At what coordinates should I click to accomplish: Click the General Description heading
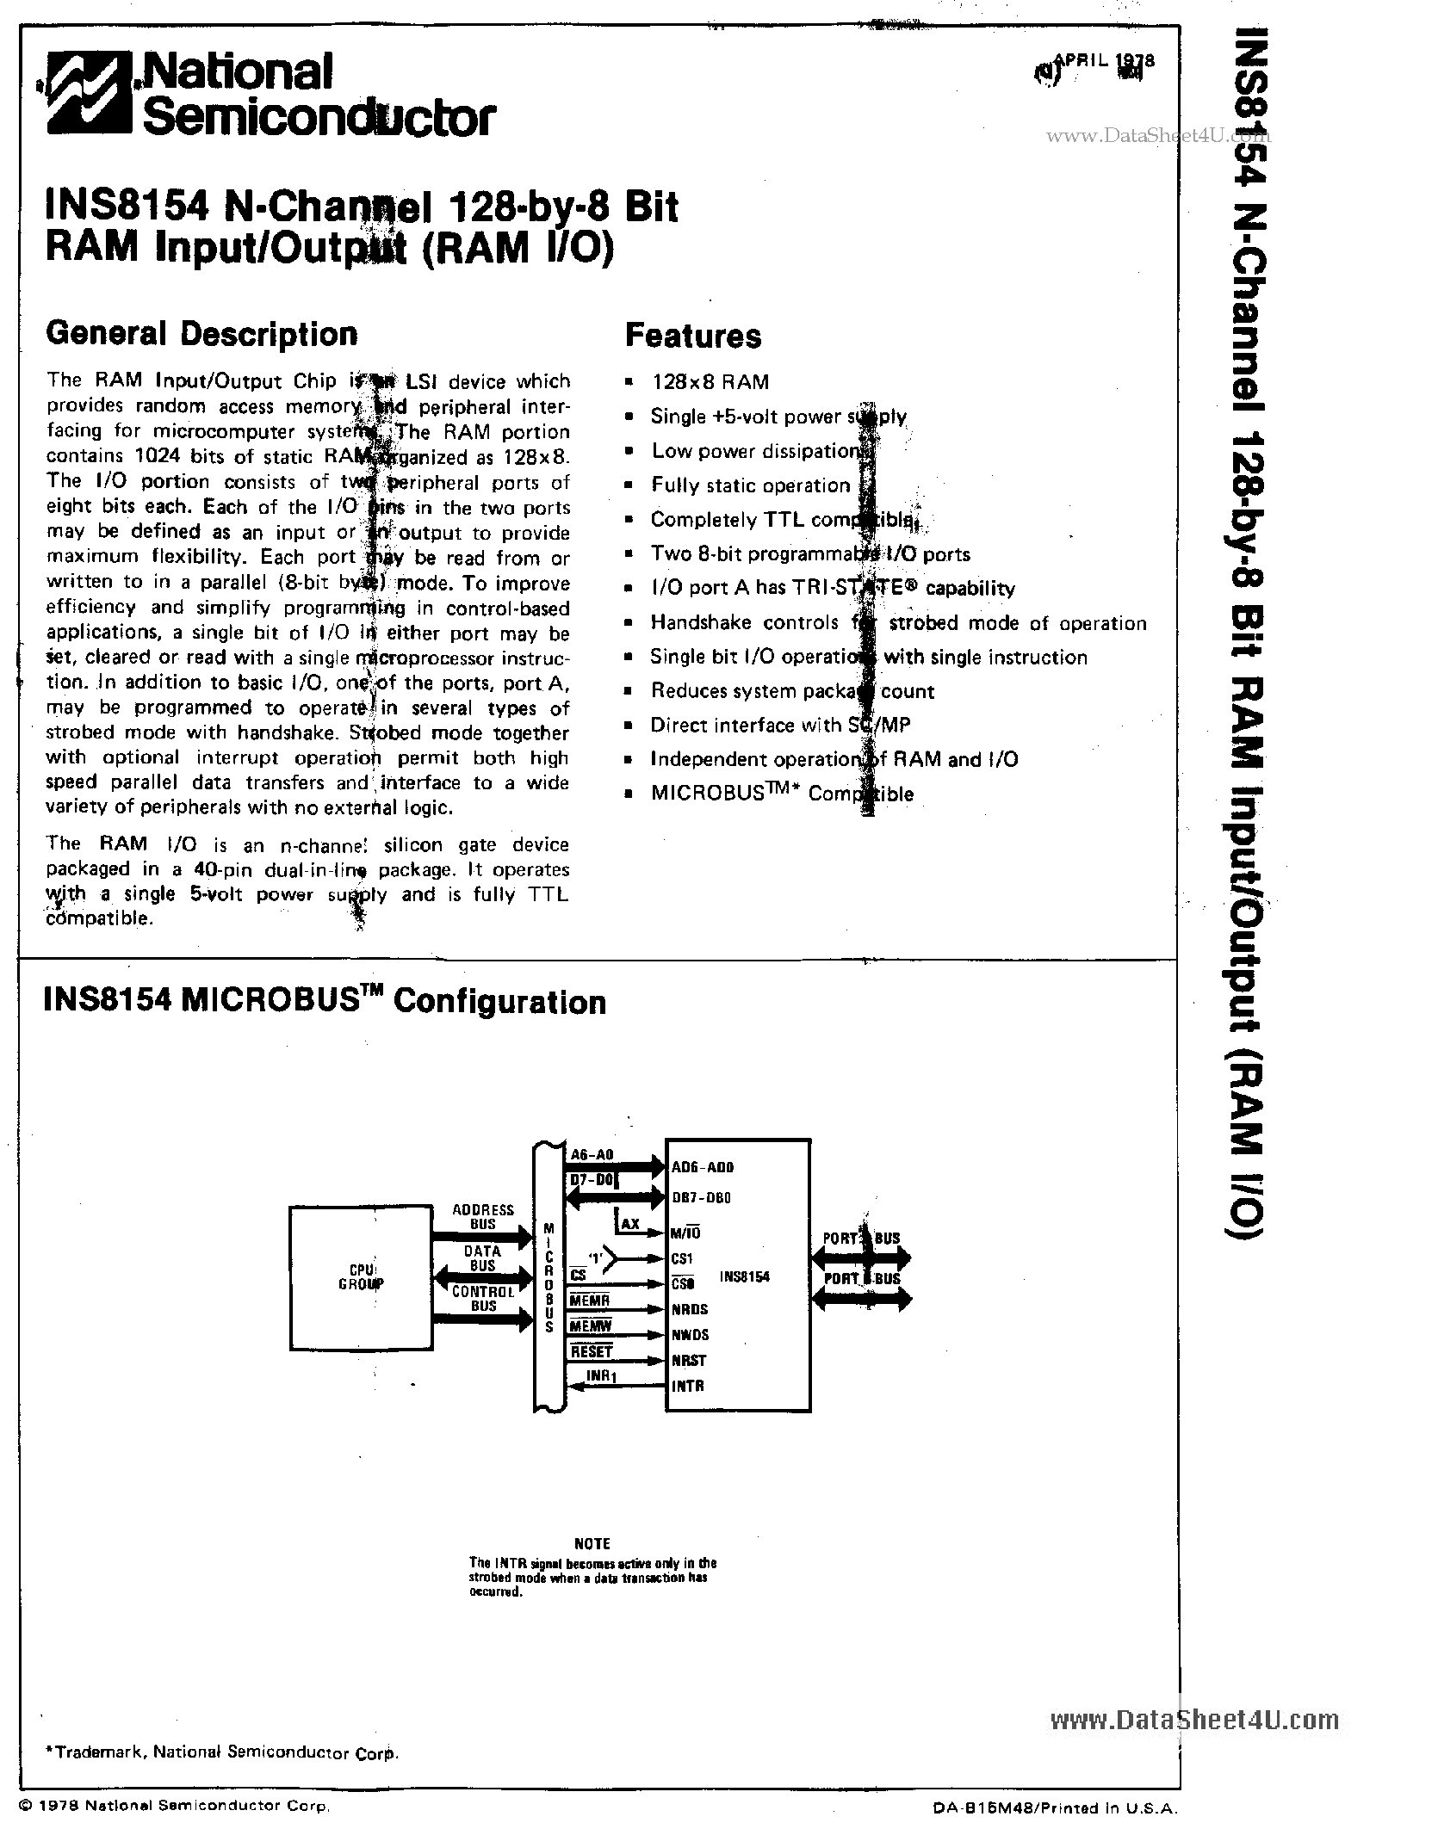pos(201,334)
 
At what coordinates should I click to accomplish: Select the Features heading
pos(692,336)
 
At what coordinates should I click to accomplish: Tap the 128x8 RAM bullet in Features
pos(710,382)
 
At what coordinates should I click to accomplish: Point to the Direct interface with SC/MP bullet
pos(779,726)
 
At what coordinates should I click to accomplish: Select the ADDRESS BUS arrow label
pos(483,1216)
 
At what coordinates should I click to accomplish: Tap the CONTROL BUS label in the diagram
pos(483,1299)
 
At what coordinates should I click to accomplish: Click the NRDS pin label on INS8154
pos(689,1309)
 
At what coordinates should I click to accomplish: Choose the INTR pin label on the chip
pos(687,1386)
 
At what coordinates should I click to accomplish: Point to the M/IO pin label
pos(686,1232)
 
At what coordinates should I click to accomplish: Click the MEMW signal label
pos(590,1326)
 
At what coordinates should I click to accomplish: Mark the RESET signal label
pos(592,1352)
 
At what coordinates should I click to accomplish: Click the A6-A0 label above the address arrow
pos(592,1156)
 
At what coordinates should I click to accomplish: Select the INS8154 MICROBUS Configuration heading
pos(325,1002)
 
